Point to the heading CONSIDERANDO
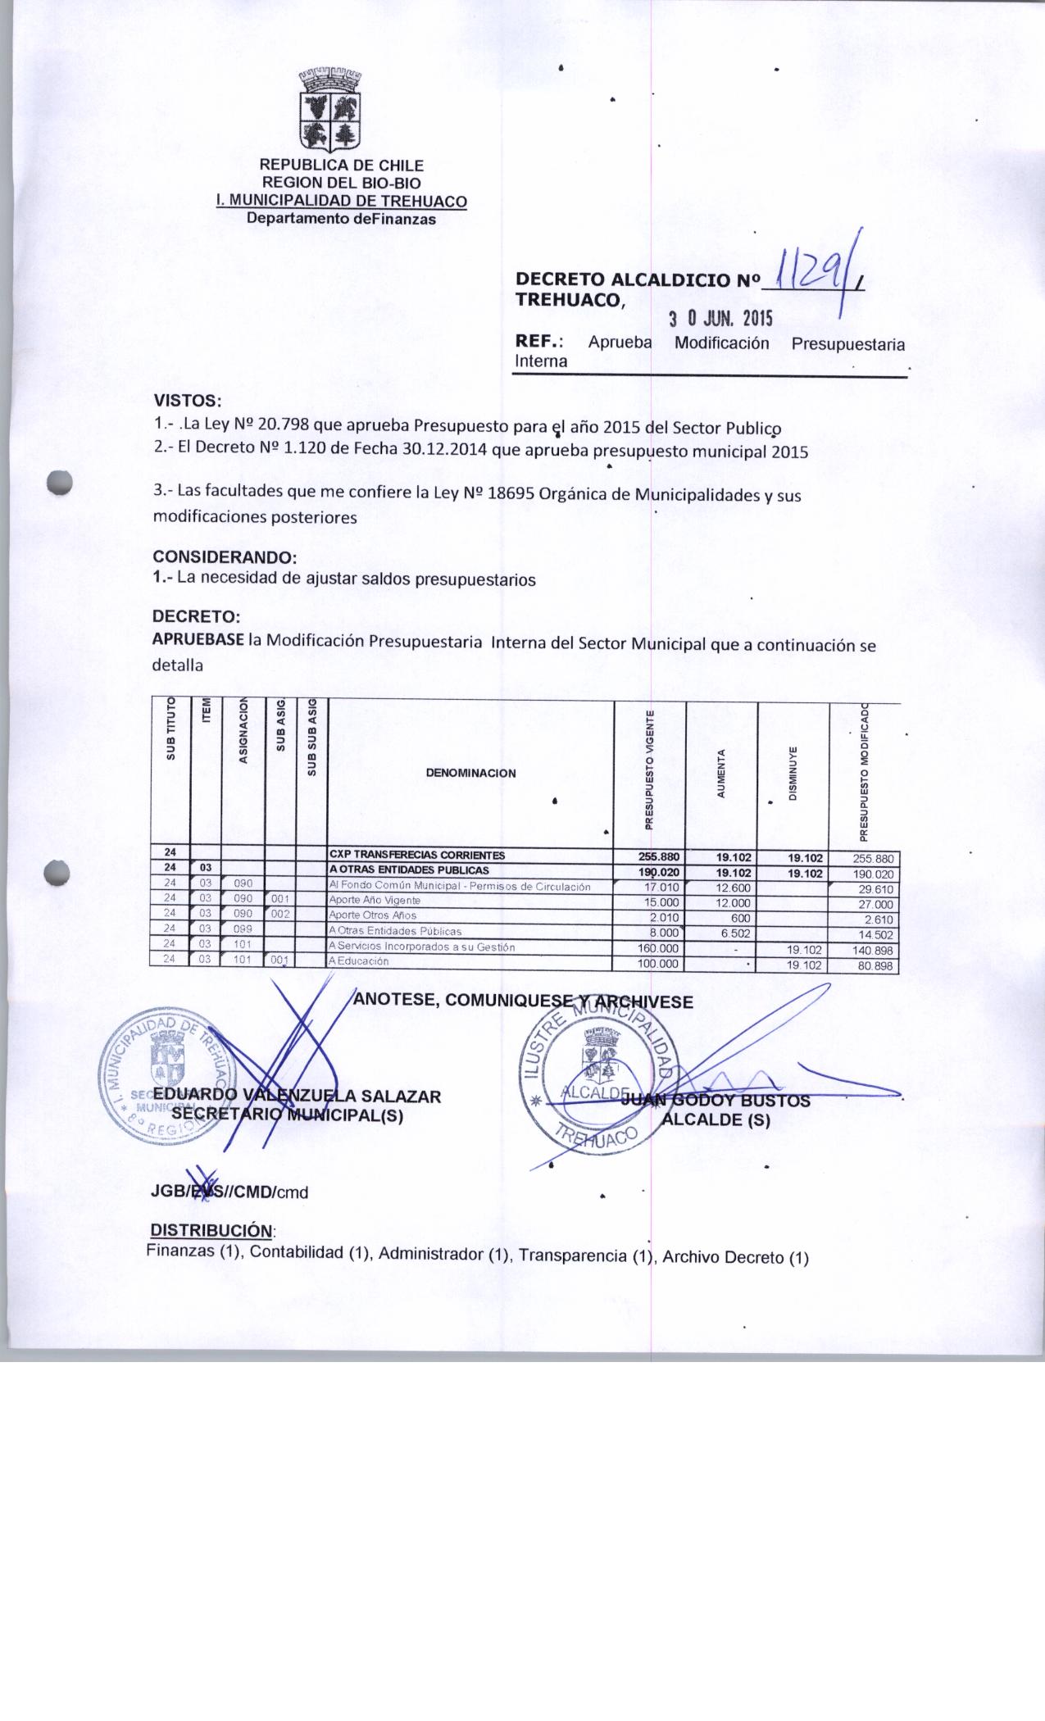(x=224, y=557)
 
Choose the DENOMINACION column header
(x=470, y=773)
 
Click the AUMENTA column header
(x=721, y=773)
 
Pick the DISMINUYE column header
(x=793, y=773)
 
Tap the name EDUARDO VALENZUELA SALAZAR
(x=298, y=1097)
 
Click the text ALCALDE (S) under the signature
(x=717, y=1120)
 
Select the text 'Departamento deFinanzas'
(x=342, y=219)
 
